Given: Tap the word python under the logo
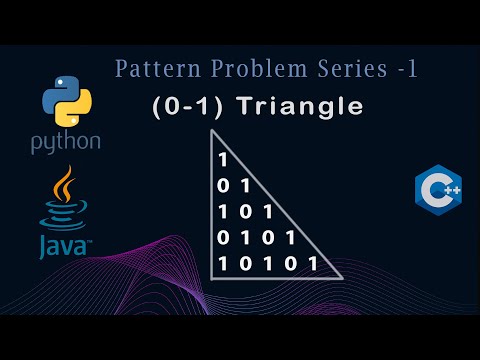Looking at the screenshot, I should (66, 142).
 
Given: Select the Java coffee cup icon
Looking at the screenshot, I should (62, 200).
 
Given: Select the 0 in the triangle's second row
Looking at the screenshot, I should (222, 186).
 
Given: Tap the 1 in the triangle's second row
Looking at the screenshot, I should (244, 186).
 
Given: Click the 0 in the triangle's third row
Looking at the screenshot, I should (244, 212).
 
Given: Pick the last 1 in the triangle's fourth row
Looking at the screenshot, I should (290, 238).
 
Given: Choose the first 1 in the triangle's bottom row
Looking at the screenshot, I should (222, 264).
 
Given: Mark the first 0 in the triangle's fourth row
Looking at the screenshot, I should (222, 238).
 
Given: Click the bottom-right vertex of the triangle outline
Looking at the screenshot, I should (342, 277).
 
